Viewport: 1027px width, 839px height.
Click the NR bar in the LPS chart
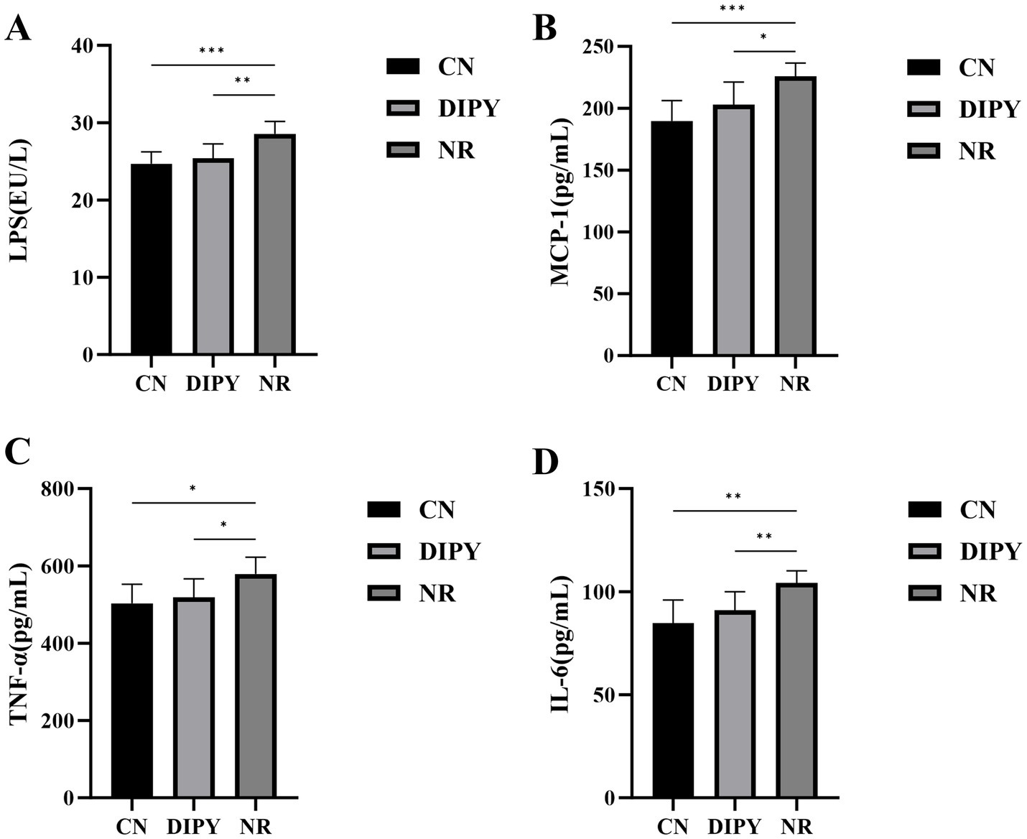274,244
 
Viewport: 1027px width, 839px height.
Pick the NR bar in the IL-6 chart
796,690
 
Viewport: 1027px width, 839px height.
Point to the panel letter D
545,463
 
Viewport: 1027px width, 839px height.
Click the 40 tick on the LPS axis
81,46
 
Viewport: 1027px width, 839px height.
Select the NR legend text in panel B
977,152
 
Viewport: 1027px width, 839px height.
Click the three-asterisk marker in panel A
212,51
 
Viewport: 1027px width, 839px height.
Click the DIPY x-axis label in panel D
734,827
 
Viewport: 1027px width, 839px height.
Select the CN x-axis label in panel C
131,827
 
